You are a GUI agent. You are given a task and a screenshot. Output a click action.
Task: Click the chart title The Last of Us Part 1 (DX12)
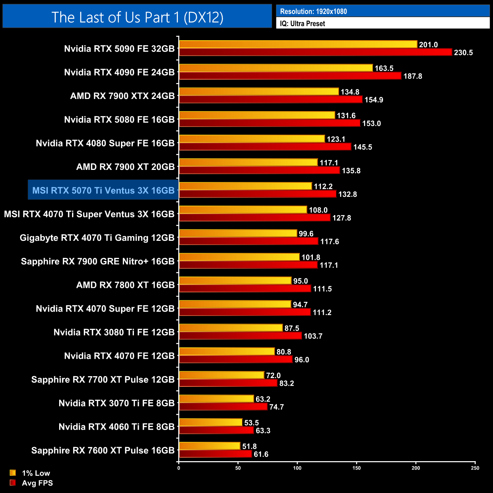pos(137,17)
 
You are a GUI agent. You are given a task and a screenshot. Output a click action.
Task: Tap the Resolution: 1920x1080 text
pos(313,11)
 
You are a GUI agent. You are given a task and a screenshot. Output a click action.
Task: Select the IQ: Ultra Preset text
pos(302,24)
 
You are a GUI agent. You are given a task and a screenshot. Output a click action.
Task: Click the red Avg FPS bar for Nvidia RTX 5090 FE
pos(316,52)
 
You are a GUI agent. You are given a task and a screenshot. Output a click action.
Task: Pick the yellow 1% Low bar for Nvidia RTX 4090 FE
pos(276,68)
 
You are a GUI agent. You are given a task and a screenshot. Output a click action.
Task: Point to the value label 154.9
pos(374,100)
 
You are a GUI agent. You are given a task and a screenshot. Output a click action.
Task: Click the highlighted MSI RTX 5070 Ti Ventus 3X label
pos(103,190)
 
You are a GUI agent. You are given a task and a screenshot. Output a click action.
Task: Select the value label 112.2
pos(323,186)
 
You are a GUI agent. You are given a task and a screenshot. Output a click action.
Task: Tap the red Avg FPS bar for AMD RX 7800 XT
pos(245,289)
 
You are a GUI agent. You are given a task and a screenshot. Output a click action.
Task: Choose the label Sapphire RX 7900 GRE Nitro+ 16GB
pos(97,261)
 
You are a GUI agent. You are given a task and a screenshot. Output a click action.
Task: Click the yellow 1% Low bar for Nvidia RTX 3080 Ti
pos(231,328)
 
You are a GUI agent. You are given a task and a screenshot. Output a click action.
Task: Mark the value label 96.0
pos(301,360)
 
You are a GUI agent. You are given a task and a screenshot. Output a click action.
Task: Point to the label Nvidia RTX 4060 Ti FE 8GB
pos(116,427)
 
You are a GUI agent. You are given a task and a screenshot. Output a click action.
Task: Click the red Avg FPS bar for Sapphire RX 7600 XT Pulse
pos(215,454)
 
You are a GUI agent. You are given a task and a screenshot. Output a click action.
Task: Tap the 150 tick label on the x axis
pos(356,468)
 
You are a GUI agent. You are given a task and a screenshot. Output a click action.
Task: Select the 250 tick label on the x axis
pos(475,468)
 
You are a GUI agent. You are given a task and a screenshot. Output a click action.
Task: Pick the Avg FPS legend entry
pos(32,483)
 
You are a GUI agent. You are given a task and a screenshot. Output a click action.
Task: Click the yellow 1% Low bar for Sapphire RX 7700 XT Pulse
pos(221,375)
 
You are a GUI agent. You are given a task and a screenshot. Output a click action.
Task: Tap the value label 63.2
pos(263,399)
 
